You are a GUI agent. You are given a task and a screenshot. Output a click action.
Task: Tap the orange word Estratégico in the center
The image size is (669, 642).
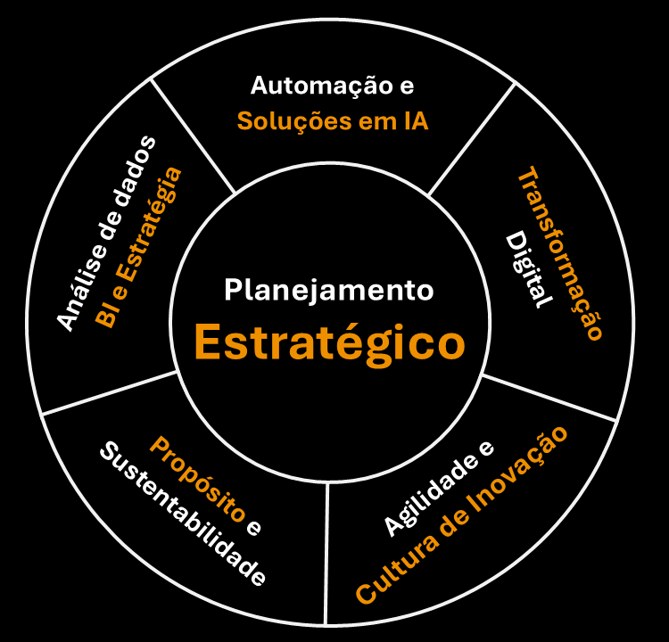[330, 342]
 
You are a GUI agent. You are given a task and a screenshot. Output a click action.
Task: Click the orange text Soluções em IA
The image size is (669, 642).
[333, 121]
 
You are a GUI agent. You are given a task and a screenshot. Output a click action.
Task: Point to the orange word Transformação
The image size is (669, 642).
[560, 253]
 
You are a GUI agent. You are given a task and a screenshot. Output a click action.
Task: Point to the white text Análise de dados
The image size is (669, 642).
[105, 235]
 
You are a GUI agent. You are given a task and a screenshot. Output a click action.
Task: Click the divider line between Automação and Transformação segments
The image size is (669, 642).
[472, 139]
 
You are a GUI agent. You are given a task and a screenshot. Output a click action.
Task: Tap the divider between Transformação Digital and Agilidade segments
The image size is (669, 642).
[549, 396]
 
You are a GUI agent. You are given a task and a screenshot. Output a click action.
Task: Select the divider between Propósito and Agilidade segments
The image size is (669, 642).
[327, 553]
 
